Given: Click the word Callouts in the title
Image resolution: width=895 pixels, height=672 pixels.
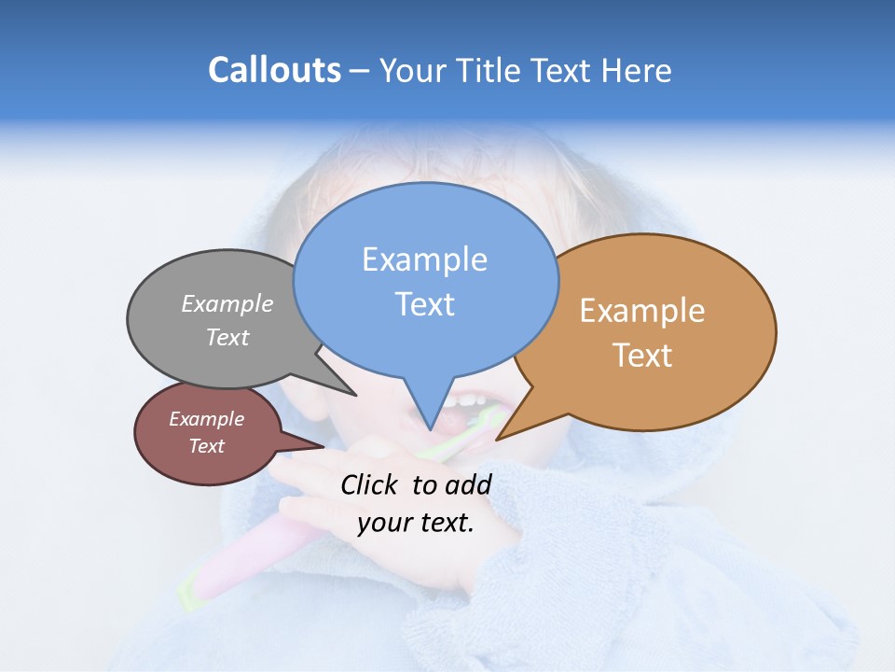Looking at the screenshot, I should (x=274, y=70).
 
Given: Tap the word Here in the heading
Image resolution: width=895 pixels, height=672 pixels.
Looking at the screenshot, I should (x=633, y=70).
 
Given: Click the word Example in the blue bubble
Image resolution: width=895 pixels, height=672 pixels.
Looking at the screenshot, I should (x=424, y=259).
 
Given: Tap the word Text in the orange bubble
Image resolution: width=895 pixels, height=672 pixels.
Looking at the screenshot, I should (x=642, y=356).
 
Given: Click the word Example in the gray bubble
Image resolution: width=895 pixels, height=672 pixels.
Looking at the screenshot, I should (x=227, y=304).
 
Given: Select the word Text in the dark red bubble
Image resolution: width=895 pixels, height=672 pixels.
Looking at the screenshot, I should (x=206, y=446).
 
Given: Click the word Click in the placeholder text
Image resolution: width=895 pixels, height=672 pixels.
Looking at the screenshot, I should (x=371, y=484).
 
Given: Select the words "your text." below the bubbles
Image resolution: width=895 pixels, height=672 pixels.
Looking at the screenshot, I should (x=415, y=523).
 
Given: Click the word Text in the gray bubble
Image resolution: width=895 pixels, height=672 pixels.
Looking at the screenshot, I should (x=227, y=337).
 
